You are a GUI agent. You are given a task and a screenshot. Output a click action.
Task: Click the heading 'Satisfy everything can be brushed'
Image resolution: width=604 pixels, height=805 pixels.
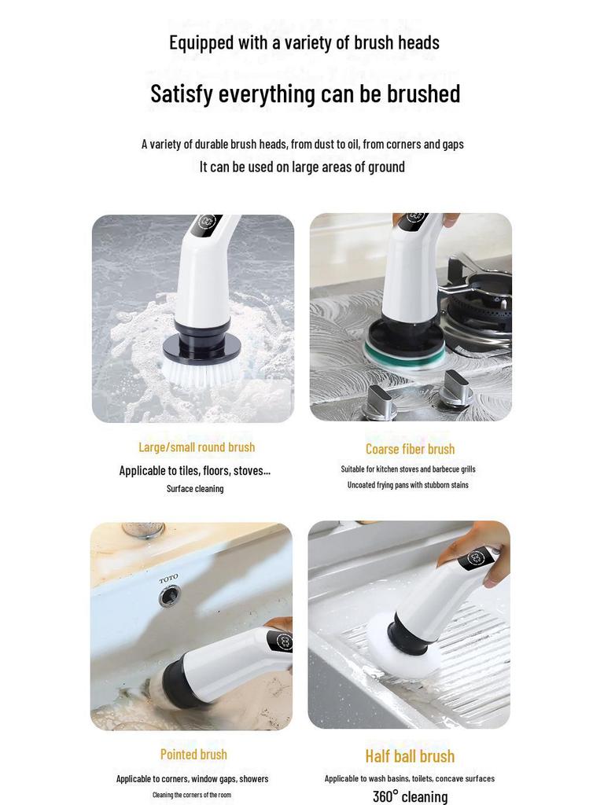pyautogui.click(x=305, y=94)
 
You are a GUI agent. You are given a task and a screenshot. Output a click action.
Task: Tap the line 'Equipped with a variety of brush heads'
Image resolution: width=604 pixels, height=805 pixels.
pyautogui.click(x=304, y=42)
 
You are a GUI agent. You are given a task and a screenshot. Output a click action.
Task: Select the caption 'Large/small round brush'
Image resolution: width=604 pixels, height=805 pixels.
pyautogui.click(x=197, y=447)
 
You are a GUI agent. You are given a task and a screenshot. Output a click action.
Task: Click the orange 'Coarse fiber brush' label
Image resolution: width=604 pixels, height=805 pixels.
pyautogui.click(x=410, y=449)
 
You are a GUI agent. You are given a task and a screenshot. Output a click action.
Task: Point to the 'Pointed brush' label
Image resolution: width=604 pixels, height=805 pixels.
pyautogui.click(x=193, y=754)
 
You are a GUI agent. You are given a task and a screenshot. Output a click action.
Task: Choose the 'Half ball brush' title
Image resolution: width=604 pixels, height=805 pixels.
pyautogui.click(x=410, y=756)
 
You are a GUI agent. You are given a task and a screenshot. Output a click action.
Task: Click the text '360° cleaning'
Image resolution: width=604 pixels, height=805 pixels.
pyautogui.click(x=410, y=796)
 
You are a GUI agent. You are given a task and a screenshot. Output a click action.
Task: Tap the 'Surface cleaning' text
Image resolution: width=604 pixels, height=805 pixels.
pyautogui.click(x=195, y=488)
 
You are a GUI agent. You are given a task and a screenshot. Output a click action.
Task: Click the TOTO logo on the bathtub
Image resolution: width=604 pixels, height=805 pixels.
pyautogui.click(x=168, y=579)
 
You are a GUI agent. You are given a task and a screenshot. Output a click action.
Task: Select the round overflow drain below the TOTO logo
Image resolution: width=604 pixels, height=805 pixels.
pyautogui.click(x=169, y=597)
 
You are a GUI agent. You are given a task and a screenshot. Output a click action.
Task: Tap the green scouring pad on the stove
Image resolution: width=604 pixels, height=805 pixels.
pyautogui.click(x=403, y=355)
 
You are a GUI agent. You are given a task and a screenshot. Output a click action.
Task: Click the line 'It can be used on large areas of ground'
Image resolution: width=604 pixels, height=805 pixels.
pyautogui.click(x=302, y=167)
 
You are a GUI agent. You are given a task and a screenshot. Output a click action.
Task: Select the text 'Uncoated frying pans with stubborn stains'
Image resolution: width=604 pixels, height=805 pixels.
pyautogui.click(x=407, y=485)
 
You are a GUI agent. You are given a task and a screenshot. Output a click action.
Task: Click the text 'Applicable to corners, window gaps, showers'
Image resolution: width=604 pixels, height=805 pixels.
pyautogui.click(x=193, y=778)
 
